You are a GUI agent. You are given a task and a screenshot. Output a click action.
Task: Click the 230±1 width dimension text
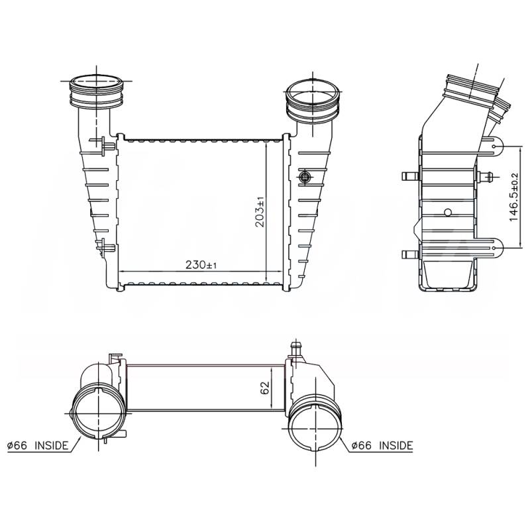tap(201, 264)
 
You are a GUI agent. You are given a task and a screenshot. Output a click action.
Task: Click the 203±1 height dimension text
tap(260, 211)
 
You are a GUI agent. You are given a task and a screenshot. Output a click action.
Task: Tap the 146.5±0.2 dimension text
tap(513, 197)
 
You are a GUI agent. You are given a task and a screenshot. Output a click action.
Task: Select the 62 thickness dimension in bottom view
tap(265, 388)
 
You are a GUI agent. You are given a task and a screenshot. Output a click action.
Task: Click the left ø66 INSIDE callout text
tap(38, 445)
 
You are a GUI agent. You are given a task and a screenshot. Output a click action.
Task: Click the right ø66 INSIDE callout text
tap(382, 445)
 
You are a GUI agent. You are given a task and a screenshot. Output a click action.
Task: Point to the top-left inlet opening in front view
tap(96, 82)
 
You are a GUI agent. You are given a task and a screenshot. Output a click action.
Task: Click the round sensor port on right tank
tap(305, 176)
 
